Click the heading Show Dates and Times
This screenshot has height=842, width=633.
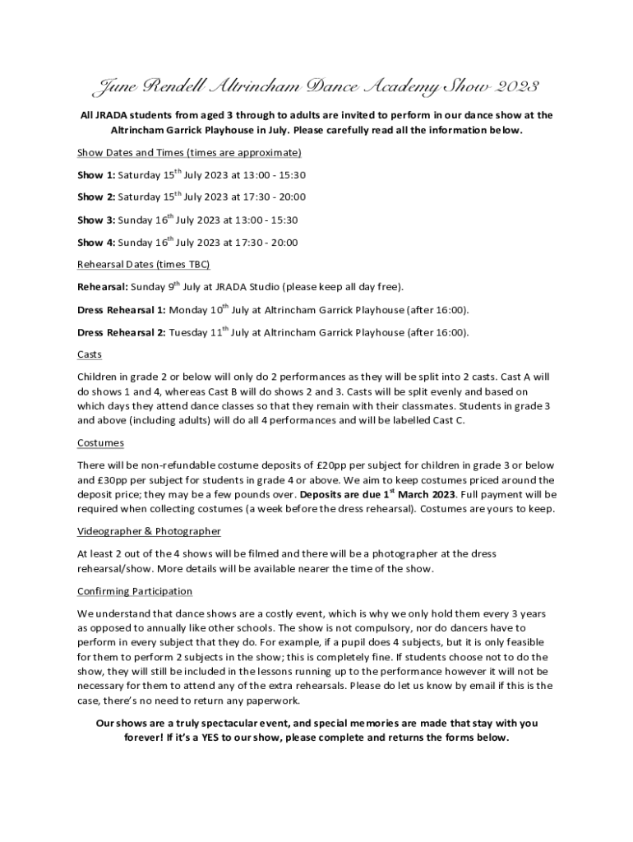coord(189,153)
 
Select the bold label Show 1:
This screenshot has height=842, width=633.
coord(96,175)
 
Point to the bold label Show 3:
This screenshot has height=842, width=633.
coord(96,220)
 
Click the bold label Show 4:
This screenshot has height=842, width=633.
coord(96,243)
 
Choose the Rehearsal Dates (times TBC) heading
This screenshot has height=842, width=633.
coord(143,265)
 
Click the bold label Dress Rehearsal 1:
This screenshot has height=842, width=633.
coord(121,310)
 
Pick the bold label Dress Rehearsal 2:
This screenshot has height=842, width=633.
coord(121,333)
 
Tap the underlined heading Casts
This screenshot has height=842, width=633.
coord(90,354)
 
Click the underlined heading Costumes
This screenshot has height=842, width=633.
coord(100,443)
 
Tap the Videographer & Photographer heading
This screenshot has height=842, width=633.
coord(149,532)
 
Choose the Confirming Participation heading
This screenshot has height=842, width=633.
coord(135,592)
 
